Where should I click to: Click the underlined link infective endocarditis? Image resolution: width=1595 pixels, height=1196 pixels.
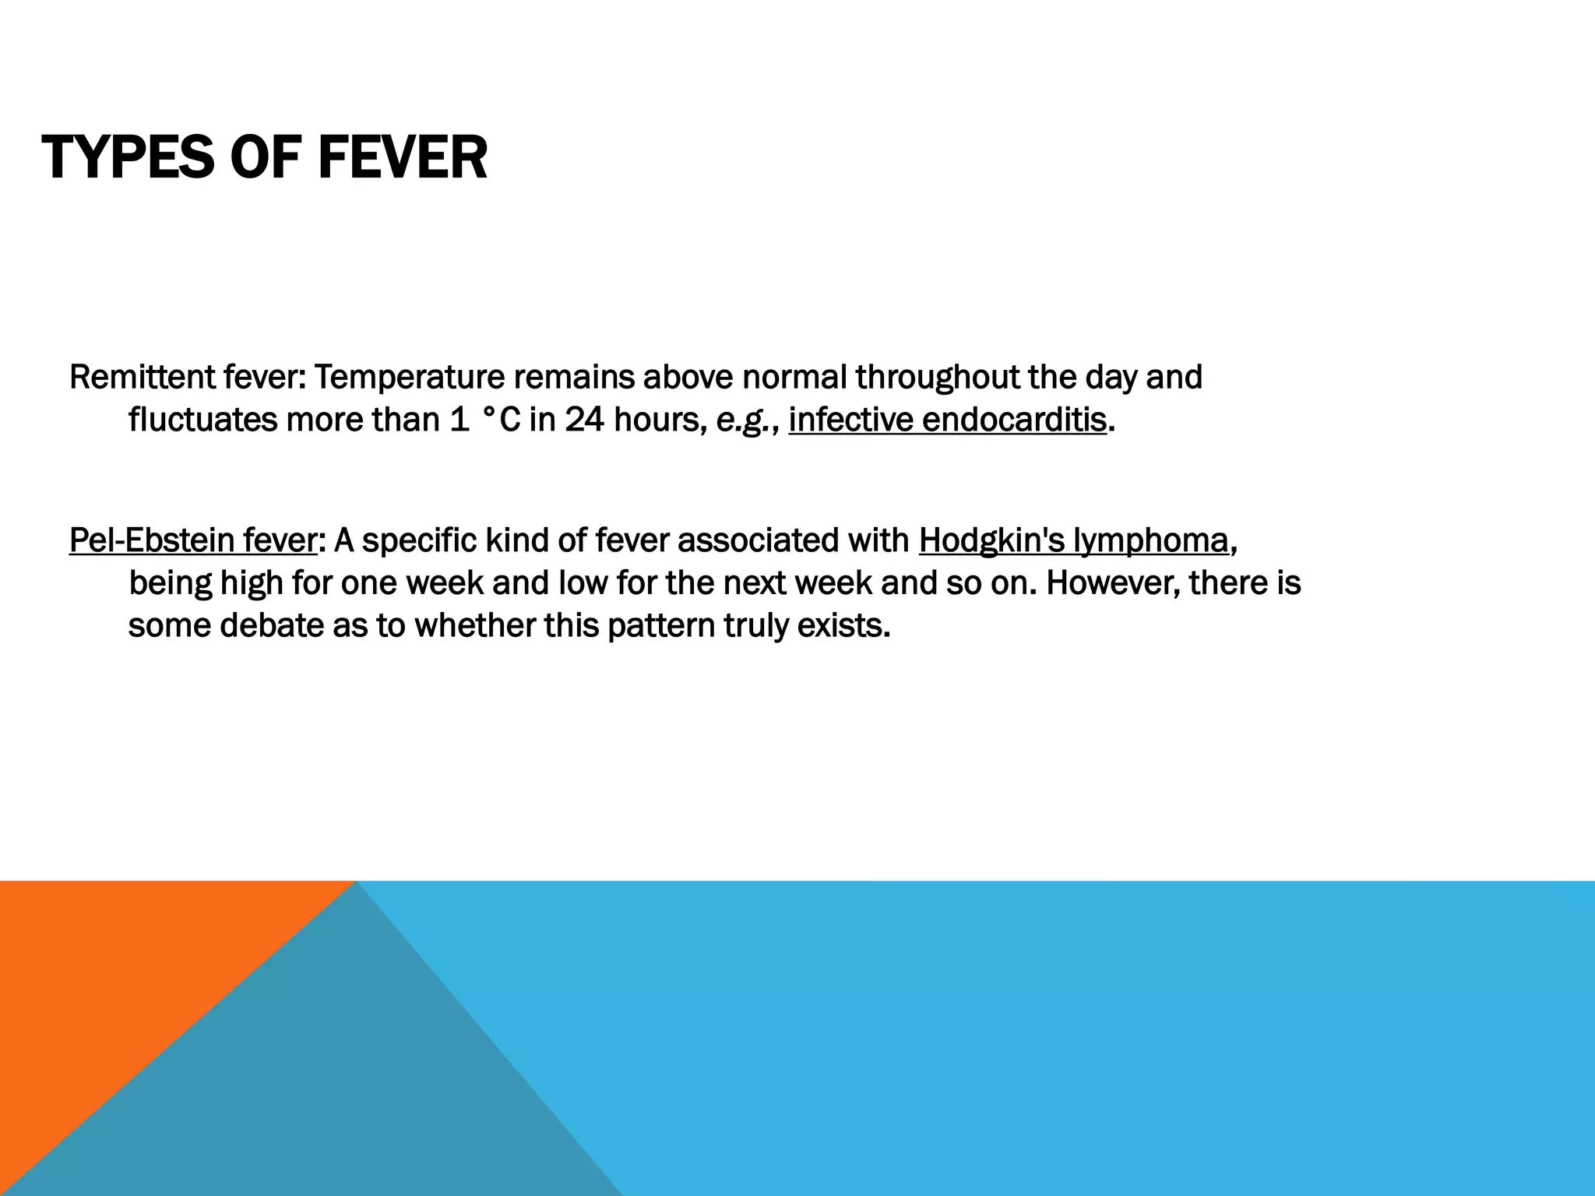tap(947, 420)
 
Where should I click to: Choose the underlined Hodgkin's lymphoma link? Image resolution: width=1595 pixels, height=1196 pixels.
tap(1073, 540)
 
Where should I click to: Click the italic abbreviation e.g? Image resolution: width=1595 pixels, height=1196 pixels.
tap(744, 420)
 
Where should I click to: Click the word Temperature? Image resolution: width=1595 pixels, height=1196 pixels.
tap(410, 378)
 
